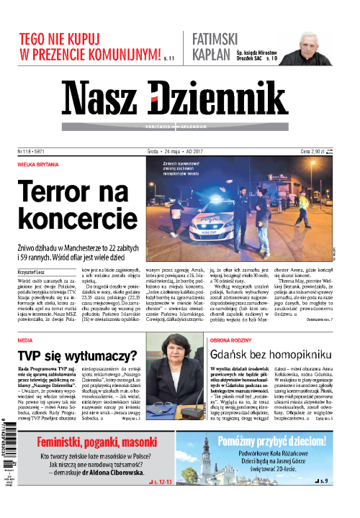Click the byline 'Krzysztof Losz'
32,272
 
